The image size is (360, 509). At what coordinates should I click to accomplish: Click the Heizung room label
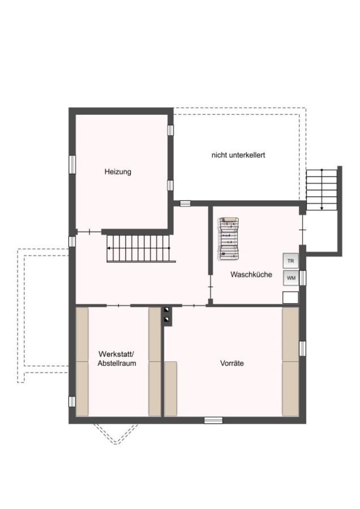pos(118,171)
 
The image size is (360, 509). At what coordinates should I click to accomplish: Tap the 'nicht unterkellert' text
pos(238,155)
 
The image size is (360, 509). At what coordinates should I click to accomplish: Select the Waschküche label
pos(251,274)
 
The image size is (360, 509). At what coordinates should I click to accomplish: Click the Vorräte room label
pos(232,363)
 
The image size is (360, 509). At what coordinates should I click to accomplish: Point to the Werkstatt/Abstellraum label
pos(117,359)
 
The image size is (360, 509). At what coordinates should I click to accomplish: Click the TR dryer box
pos(290,261)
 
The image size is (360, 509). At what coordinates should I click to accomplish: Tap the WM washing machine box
pos(290,278)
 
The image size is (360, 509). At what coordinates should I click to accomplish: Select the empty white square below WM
pos(290,297)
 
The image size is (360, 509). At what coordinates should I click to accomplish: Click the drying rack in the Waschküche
pos(229,238)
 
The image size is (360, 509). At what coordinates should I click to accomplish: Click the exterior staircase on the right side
pos(322,189)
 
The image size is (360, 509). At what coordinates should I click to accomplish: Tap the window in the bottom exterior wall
pos(213,420)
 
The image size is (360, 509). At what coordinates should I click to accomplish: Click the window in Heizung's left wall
pos(72,165)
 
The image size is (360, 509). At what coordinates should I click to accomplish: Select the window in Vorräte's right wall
pos(302,348)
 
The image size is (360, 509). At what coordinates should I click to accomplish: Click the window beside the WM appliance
pos(302,278)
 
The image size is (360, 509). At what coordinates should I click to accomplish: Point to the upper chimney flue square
pos(167,310)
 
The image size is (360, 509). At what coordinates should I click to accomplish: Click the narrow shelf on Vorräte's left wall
pos(170,389)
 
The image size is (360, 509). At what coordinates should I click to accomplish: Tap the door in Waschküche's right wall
pos(302,230)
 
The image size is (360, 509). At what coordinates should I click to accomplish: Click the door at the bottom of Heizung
pos(89,232)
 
